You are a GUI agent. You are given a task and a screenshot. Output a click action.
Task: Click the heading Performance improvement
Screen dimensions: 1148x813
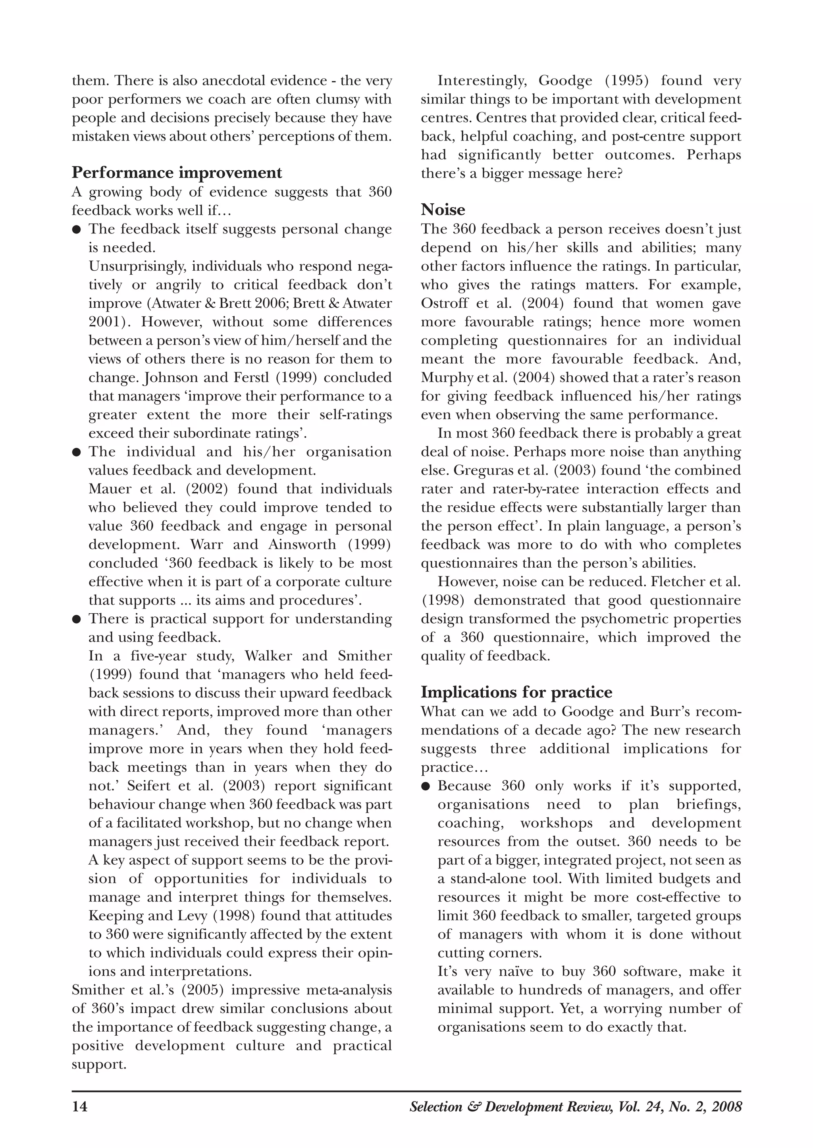coord(177,173)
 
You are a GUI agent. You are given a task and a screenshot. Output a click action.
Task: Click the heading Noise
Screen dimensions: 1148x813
coord(443,209)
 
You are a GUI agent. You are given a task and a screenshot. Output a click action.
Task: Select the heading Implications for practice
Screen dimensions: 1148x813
coord(516,692)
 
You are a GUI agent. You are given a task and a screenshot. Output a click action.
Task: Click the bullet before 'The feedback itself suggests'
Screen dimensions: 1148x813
coord(77,230)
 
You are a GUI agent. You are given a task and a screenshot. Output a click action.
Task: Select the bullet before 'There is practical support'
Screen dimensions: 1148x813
coord(77,619)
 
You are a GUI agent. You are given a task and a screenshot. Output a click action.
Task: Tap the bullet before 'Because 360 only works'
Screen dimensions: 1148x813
coord(426,786)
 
